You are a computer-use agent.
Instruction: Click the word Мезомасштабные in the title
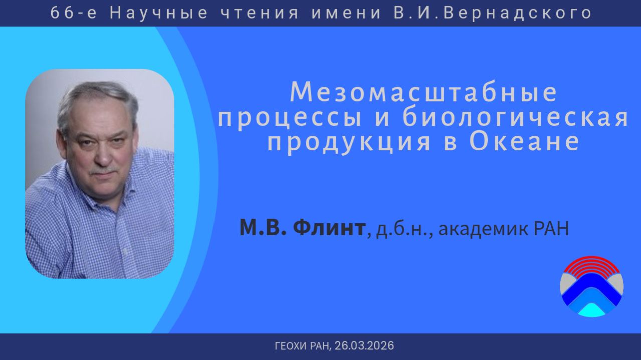(x=423, y=93)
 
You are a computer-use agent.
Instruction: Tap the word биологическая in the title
(x=516, y=118)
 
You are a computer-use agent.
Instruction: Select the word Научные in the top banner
(x=158, y=13)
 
